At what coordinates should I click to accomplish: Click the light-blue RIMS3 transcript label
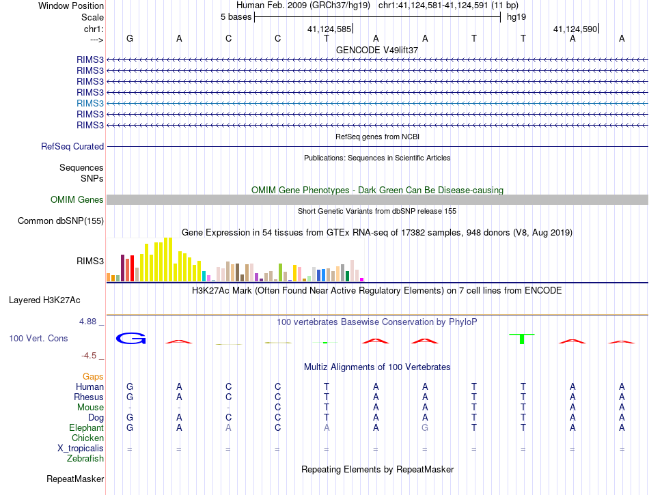pos(91,103)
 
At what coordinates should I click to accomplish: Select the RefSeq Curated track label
pos(72,146)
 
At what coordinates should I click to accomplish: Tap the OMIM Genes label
pos(77,199)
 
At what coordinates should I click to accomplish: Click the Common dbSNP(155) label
pos(61,221)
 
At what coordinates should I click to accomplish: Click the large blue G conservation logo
pos(130,338)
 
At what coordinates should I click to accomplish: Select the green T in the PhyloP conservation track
pos(523,337)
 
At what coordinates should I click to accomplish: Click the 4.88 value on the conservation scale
pos(90,321)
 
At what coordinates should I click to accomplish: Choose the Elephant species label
pos(86,427)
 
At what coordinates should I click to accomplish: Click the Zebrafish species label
pos(86,458)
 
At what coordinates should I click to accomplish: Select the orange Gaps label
pos(93,376)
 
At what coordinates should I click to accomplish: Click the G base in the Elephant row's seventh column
pos(425,427)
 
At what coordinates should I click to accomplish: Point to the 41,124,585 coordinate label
pos(329,29)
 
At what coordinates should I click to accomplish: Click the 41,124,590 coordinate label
pos(575,29)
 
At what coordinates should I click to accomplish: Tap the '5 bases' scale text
pos(236,17)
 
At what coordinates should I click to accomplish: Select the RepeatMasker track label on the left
pos(75,479)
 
